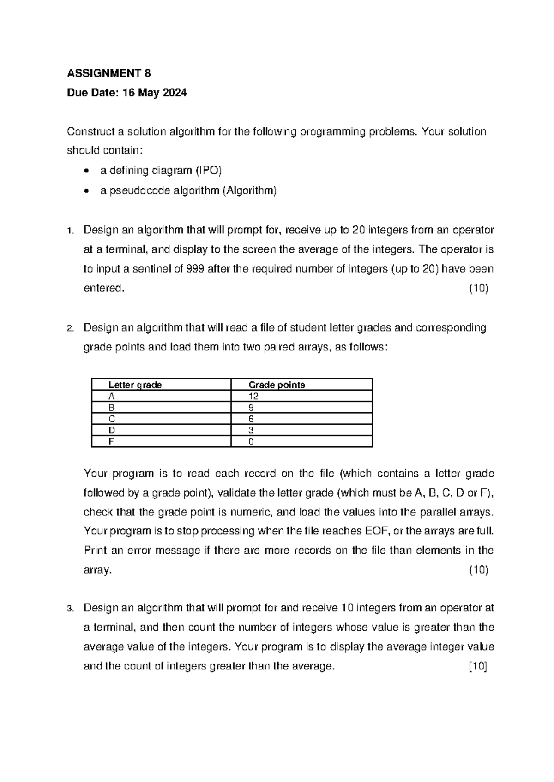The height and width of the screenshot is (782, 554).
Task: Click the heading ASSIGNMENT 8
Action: pos(109,73)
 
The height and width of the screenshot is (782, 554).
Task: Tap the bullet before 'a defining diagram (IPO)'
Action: pos(87,171)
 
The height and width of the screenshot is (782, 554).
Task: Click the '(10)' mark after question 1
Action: pos(478,289)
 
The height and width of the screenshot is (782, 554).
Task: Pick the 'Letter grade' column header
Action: pos(135,385)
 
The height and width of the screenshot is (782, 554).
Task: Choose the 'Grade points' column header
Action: pos(277,385)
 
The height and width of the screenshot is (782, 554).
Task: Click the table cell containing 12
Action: pos(253,397)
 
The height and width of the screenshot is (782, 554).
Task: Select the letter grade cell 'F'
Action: pos(111,442)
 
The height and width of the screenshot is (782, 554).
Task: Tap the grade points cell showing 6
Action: pos(251,419)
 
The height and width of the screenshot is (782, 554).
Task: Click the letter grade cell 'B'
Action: pos(111,408)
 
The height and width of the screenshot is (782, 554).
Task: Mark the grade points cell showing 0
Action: pos(251,442)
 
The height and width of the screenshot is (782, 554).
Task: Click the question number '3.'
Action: pos(70,609)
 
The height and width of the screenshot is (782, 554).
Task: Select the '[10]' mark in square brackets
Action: pos(478,666)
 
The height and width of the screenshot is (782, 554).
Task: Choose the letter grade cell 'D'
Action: pos(111,430)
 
